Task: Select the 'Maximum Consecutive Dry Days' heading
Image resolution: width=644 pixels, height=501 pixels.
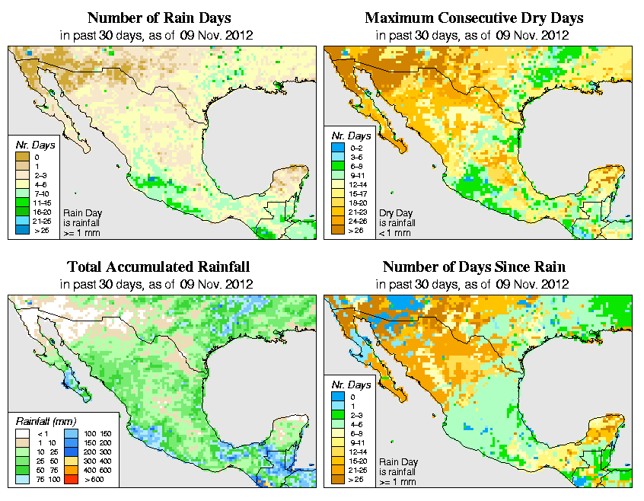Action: (x=474, y=18)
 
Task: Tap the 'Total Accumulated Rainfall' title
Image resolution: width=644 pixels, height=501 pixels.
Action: (x=158, y=267)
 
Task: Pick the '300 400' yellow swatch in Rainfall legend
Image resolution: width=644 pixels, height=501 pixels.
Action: (x=69, y=461)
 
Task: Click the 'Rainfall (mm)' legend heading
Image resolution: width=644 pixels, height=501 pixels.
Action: (x=46, y=420)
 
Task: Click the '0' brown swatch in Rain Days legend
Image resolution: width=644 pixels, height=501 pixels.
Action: (x=23, y=157)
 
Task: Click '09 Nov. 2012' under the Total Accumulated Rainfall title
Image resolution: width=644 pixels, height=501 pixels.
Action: (x=217, y=283)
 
